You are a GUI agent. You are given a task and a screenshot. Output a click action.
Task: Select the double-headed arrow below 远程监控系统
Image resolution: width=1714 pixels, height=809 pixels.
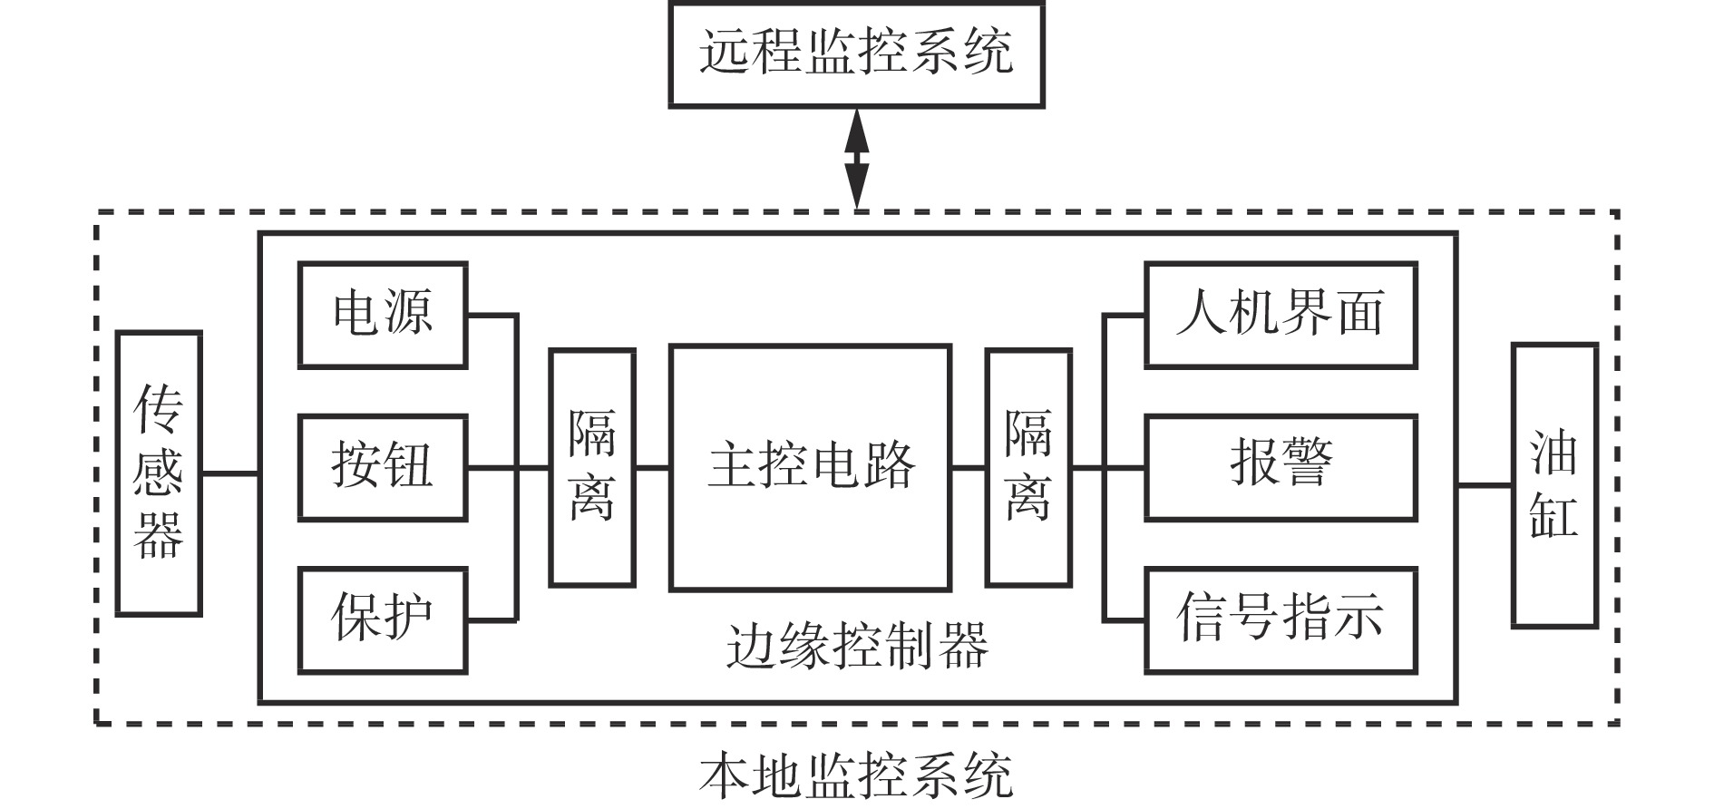click(857, 160)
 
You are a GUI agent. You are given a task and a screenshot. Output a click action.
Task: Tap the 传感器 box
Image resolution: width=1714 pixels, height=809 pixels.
click(159, 473)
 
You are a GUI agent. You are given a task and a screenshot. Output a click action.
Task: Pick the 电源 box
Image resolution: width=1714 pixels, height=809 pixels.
click(383, 315)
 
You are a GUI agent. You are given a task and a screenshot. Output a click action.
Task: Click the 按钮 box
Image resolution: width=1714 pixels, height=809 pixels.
click(383, 467)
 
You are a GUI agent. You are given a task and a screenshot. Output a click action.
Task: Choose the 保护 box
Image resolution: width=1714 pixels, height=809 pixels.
click(383, 620)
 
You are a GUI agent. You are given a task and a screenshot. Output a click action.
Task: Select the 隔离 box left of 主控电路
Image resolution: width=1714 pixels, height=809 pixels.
click(592, 467)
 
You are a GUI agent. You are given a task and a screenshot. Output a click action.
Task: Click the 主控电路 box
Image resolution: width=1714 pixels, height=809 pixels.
click(810, 467)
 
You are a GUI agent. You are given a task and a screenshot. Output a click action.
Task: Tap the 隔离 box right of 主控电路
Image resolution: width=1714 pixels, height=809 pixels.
click(1028, 467)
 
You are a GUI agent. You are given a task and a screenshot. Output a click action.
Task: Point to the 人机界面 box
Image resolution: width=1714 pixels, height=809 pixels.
click(1281, 315)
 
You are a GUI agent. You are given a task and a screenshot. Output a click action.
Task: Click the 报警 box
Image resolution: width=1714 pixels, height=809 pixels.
click(1281, 467)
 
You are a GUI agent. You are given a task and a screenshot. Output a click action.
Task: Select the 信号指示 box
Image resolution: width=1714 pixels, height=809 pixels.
click(1281, 620)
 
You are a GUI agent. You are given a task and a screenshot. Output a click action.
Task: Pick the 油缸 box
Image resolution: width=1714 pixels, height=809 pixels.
click(1554, 484)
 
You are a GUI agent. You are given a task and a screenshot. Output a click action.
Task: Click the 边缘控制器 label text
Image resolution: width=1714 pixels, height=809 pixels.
click(857, 646)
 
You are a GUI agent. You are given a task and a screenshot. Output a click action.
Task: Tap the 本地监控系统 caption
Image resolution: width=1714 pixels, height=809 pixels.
click(856, 776)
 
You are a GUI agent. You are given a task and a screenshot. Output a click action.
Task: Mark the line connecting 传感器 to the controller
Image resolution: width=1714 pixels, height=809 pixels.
click(230, 473)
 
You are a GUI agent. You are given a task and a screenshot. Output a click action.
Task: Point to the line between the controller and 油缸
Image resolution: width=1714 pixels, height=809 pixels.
click(1485, 485)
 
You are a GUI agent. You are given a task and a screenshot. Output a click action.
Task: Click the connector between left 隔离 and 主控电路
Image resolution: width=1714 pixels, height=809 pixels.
click(652, 467)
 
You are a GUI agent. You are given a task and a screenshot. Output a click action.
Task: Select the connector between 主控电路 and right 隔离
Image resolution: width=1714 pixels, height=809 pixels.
click(969, 467)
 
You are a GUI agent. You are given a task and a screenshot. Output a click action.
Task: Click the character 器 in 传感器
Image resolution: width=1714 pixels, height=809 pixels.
click(159, 534)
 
